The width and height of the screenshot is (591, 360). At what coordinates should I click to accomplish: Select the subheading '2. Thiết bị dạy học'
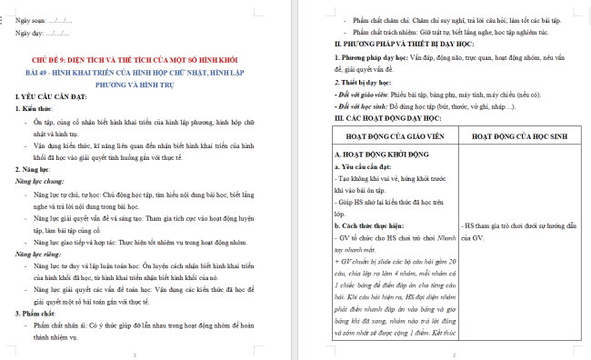365,83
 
